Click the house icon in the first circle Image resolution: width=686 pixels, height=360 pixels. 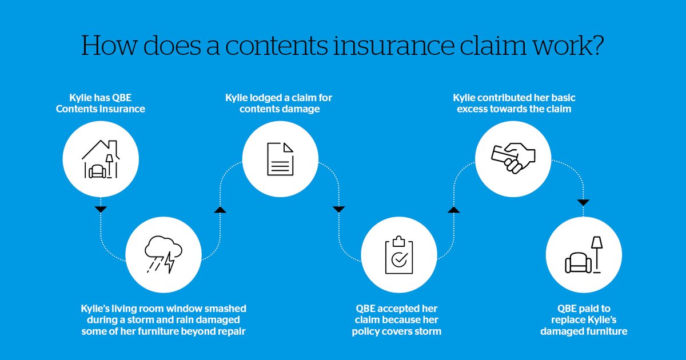(x=101, y=159)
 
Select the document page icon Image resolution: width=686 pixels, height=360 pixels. (x=280, y=159)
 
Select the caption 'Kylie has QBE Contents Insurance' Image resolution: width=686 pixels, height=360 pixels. (x=101, y=103)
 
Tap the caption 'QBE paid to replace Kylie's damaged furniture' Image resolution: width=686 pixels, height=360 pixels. (x=583, y=320)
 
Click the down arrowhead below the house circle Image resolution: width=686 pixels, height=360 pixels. (x=101, y=209)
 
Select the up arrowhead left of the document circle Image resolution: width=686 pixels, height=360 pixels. (x=220, y=210)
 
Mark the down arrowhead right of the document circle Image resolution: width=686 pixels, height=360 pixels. (x=338, y=209)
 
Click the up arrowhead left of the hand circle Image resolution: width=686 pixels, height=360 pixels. (x=453, y=210)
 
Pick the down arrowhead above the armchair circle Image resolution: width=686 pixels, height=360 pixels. (x=583, y=202)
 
